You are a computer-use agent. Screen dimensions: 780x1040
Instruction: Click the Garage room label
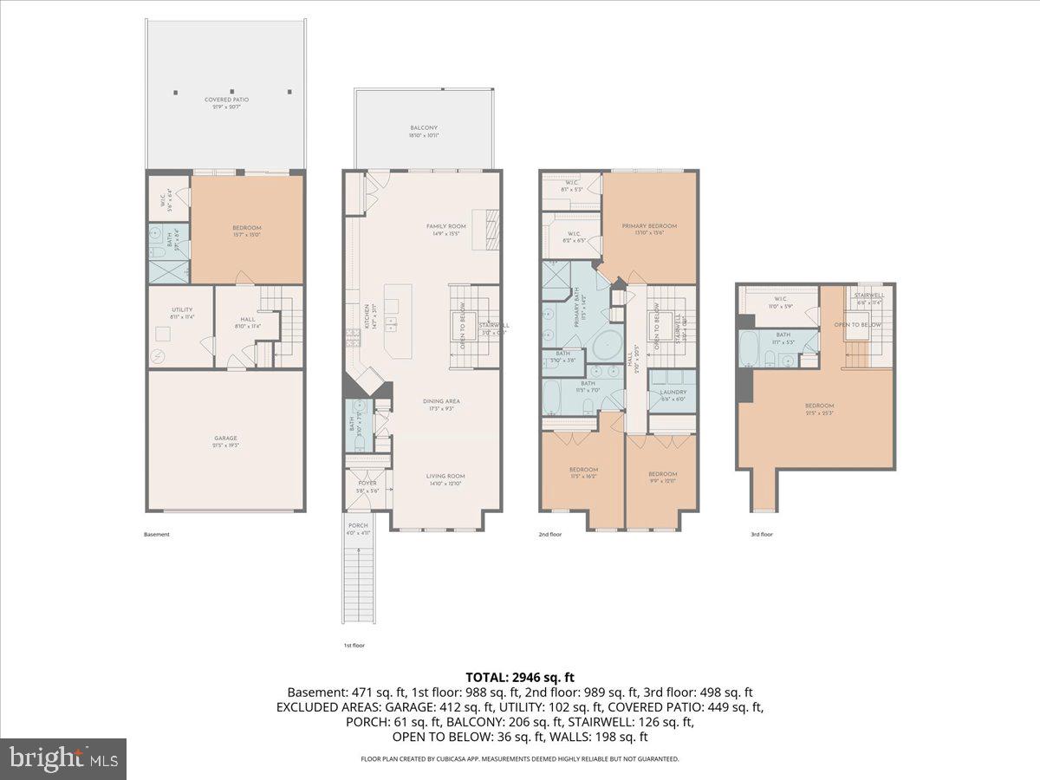click(x=226, y=439)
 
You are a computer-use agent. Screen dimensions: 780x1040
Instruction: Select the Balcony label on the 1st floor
click(x=424, y=128)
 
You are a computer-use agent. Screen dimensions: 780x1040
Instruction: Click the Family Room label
click(x=446, y=226)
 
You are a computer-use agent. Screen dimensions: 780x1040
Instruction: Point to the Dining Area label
click(x=440, y=401)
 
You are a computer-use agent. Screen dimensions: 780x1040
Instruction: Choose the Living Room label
click(x=445, y=476)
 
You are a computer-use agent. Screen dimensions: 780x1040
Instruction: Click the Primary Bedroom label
click(x=649, y=226)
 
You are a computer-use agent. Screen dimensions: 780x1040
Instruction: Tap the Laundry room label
click(x=673, y=395)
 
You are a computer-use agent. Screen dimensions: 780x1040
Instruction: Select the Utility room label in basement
click(x=181, y=310)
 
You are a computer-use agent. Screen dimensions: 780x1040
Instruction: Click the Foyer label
click(x=367, y=484)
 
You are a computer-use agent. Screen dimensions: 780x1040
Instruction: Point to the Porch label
click(x=358, y=526)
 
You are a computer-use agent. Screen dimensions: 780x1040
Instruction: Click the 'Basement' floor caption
click(x=157, y=535)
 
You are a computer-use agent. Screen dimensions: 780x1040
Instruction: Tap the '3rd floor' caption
click(x=761, y=535)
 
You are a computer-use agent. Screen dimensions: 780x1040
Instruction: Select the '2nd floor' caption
click(x=549, y=535)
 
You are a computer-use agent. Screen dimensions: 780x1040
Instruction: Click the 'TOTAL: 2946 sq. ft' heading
click(x=520, y=677)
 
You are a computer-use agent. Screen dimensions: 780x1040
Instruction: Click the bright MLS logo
click(x=63, y=759)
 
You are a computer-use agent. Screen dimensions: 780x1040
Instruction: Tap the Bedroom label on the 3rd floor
click(x=819, y=406)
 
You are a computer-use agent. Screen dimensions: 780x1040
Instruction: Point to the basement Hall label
click(x=247, y=320)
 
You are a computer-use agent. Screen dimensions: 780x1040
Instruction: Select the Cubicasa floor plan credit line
click(x=520, y=758)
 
